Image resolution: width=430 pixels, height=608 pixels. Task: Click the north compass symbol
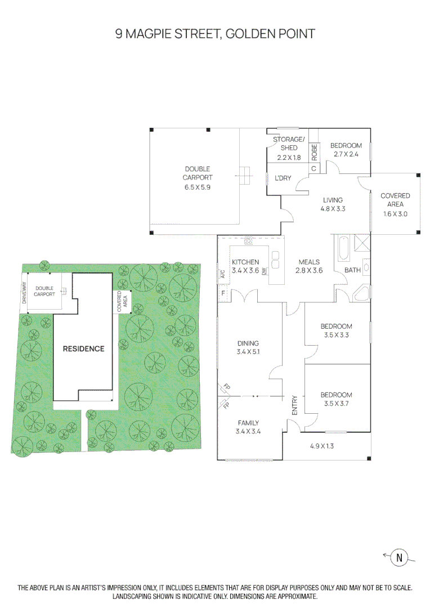tap(400, 557)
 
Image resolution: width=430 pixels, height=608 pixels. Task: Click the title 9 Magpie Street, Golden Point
tap(215, 34)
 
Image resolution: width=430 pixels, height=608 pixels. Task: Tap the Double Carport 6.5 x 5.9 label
tap(197, 178)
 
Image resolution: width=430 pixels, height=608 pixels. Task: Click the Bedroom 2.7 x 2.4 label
tap(346, 150)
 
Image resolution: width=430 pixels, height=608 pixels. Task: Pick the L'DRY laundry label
tap(283, 178)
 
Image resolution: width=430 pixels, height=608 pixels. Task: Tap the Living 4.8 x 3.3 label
tap(333, 204)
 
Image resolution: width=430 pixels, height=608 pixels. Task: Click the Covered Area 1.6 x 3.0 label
tap(395, 204)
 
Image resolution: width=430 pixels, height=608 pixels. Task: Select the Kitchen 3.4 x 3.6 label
tap(245, 266)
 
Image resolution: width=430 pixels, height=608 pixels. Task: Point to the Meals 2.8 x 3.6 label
tap(309, 266)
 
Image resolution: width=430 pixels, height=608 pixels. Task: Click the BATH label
tap(352, 270)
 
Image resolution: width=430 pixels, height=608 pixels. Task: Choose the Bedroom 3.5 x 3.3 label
tap(337, 330)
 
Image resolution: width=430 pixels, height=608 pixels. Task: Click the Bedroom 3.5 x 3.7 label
tap(337, 399)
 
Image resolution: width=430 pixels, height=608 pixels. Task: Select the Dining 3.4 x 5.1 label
tap(248, 347)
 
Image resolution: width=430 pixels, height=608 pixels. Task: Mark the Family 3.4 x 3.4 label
tap(248, 427)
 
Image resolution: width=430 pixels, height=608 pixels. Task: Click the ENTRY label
tap(294, 406)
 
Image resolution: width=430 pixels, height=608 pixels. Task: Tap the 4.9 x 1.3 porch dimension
tap(325, 446)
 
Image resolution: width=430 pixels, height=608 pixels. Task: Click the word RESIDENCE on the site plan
tap(83, 348)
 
